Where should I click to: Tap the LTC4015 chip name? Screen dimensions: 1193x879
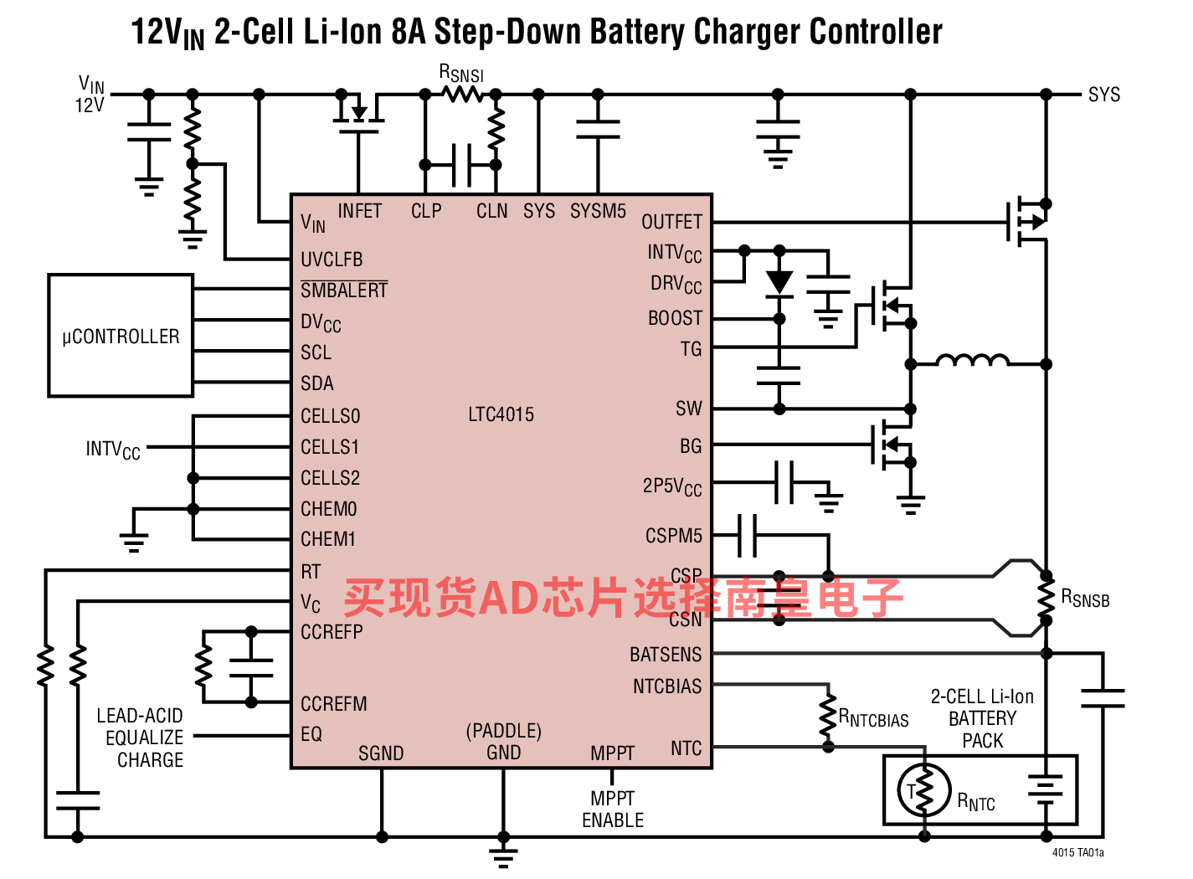tap(501, 414)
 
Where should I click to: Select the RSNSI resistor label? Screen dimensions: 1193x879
tap(462, 74)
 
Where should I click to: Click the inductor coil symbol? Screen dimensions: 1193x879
tap(973, 360)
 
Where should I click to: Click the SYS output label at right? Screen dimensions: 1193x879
tap(1104, 95)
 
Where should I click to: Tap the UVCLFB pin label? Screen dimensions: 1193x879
tap(332, 260)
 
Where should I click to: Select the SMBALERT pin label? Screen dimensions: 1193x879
tap(344, 290)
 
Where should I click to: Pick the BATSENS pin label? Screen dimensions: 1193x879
tap(666, 655)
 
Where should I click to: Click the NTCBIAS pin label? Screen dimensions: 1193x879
tap(667, 686)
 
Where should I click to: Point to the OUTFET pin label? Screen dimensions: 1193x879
tap(671, 222)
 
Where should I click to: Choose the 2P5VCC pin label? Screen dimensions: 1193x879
tap(672, 487)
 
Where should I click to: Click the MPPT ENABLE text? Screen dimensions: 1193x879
tap(613, 810)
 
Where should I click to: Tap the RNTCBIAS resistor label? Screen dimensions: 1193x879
tap(873, 718)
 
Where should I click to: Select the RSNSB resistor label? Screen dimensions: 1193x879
tap(1085, 599)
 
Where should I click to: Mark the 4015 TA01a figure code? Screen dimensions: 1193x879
tap(1078, 852)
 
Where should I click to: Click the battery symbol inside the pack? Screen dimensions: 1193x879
tap(1046, 790)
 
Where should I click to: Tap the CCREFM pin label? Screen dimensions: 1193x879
tap(334, 704)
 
